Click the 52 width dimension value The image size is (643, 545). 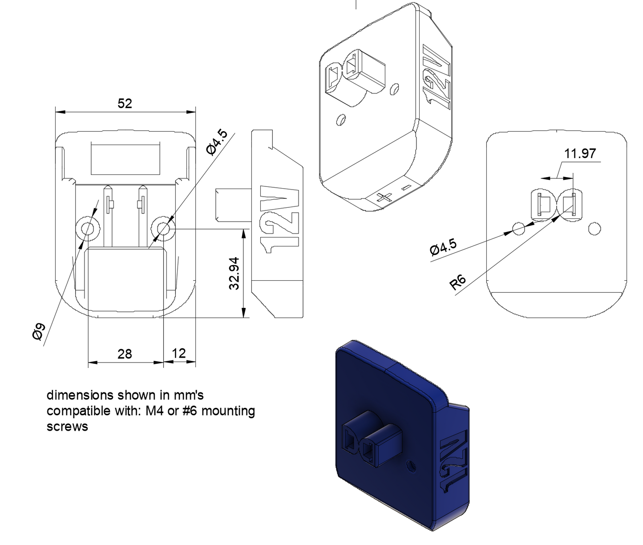pyautogui.click(x=125, y=103)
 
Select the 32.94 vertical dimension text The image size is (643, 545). pyautogui.click(x=234, y=274)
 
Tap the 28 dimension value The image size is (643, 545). pyautogui.click(x=125, y=354)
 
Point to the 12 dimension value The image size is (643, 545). pyautogui.click(x=179, y=353)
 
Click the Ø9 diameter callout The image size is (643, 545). pyautogui.click(x=39, y=331)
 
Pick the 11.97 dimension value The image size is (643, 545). pyautogui.click(x=580, y=153)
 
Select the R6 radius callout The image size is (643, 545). pyautogui.click(x=457, y=282)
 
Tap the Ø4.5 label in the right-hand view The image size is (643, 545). pyautogui.click(x=443, y=246)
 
